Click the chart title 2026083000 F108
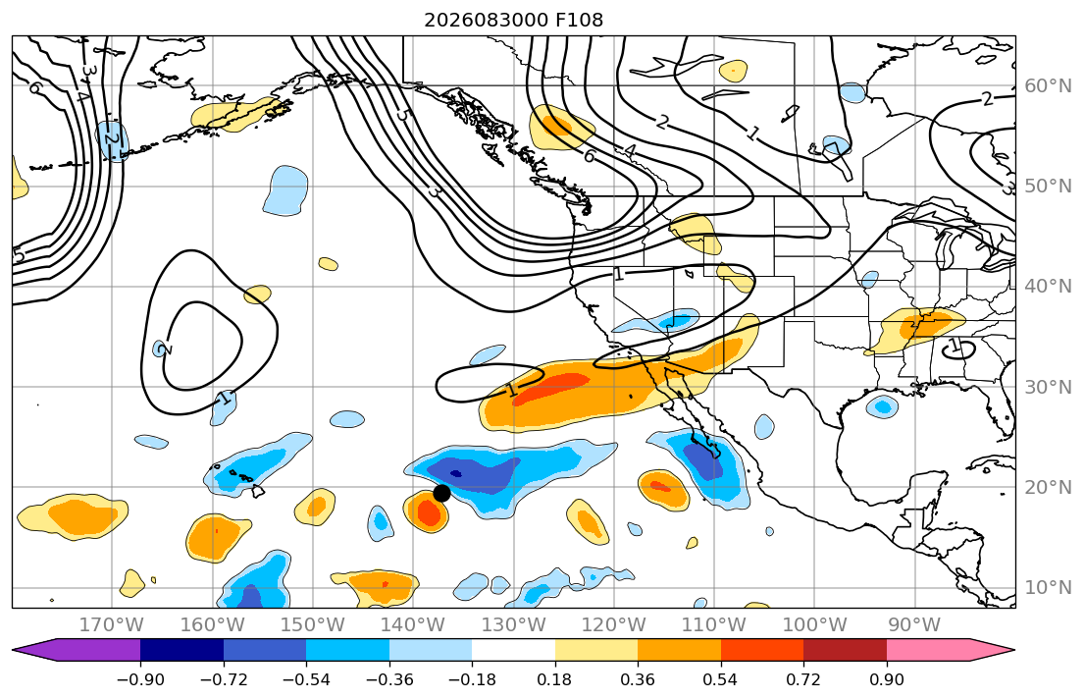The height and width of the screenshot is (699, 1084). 514,20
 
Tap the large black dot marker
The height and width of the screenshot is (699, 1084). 441,494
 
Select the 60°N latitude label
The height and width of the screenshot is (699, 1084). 1048,85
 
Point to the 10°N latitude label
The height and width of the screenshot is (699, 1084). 1048,588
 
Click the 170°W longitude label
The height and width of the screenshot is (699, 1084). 112,625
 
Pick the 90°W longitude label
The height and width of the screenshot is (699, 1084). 914,625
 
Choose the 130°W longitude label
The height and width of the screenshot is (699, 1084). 514,625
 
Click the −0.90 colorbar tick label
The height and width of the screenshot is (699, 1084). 140,679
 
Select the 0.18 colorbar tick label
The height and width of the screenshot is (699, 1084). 555,679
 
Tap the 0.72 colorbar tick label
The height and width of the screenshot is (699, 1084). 803,679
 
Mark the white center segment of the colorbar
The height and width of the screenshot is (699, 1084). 514,651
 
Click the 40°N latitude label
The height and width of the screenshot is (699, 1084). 1048,287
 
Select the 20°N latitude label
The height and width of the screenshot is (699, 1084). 1048,487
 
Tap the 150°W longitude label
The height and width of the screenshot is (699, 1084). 313,625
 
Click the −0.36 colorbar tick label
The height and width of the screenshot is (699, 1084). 389,679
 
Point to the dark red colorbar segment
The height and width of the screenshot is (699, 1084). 845,651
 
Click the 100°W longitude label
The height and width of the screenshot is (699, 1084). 814,625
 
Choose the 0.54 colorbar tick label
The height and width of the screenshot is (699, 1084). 720,679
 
